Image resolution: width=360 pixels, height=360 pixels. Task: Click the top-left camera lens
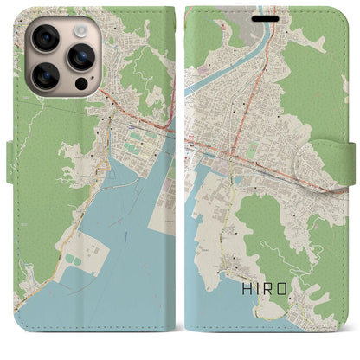click(x=44, y=37)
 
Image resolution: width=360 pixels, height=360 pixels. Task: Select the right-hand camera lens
click(x=82, y=57)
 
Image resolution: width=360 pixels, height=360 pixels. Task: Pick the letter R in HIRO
click(x=273, y=304)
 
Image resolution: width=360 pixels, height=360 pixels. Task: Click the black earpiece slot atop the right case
click(x=264, y=15)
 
